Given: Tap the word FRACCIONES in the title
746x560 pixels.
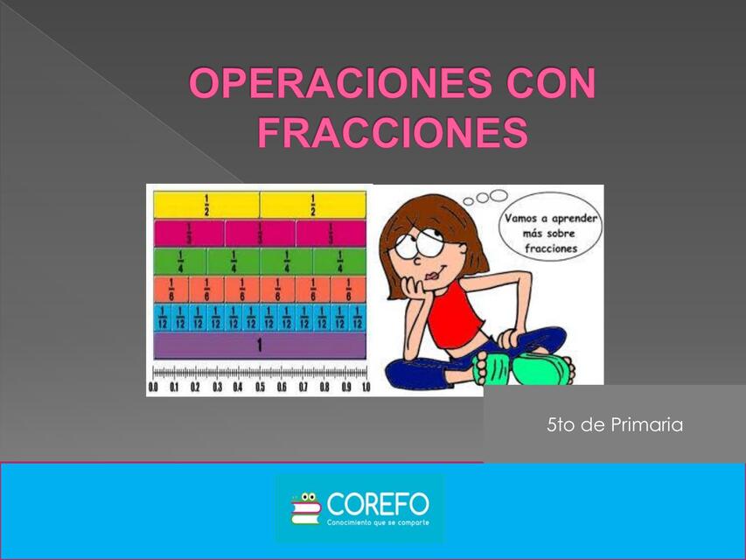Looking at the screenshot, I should (x=393, y=134).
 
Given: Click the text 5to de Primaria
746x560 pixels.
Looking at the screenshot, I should (x=614, y=425).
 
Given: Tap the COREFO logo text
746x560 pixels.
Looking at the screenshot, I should (x=378, y=503).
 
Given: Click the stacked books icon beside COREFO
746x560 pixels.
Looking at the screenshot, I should (x=306, y=508).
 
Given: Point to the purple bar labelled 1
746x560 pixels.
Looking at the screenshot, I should (x=259, y=346).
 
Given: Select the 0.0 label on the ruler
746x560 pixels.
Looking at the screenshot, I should (x=154, y=387).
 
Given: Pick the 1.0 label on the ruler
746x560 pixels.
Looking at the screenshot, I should (x=364, y=387).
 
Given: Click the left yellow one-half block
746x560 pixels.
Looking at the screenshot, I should (x=206, y=205).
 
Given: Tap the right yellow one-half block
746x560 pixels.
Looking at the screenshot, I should (x=312, y=205).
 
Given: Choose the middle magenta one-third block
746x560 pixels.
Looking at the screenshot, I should (x=260, y=234).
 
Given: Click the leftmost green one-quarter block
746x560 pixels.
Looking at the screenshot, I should (x=180, y=262).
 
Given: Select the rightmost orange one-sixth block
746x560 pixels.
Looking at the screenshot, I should (x=348, y=290).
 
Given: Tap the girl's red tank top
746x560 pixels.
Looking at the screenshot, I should (x=455, y=314).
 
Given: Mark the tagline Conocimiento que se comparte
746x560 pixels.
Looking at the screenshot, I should (x=378, y=523).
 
